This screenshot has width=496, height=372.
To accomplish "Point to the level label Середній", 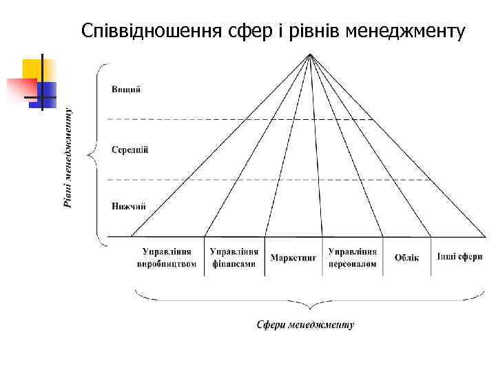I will pyautogui.click(x=130, y=149).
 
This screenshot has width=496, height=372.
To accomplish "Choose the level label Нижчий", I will pyautogui.click(x=128, y=206).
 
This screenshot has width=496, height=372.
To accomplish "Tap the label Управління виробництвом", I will pyautogui.click(x=167, y=257).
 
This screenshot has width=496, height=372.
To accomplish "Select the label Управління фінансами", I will pyautogui.click(x=234, y=257).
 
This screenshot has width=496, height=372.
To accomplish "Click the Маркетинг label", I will pyautogui.click(x=293, y=258).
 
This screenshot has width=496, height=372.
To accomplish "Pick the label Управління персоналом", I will pyautogui.click(x=353, y=257).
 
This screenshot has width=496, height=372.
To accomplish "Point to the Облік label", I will pyautogui.click(x=406, y=258).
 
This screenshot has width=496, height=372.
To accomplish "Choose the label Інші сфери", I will pyautogui.click(x=459, y=257).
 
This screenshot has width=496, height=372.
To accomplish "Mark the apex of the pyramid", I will pyautogui.click(x=311, y=54).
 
